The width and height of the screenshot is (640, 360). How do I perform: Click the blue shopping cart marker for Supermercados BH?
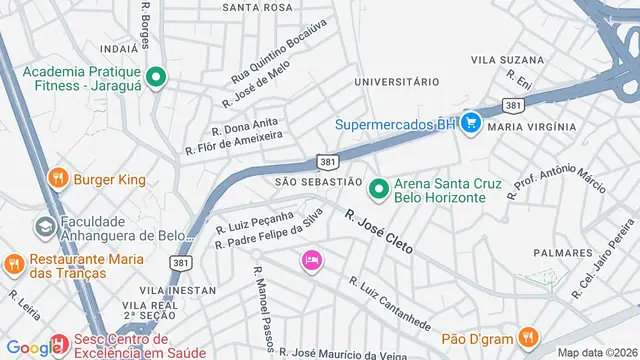[x=472, y=124]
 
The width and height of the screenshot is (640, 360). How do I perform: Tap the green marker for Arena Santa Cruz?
[x=379, y=188]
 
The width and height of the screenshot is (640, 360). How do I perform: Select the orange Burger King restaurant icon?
[x=59, y=179]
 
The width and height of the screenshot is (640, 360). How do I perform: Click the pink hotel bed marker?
[x=311, y=260]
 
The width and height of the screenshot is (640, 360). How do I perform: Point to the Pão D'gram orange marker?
[x=528, y=336]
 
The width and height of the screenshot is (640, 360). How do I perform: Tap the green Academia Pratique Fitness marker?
[x=156, y=77]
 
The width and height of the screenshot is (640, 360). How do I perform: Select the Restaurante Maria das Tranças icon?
[x=13, y=264]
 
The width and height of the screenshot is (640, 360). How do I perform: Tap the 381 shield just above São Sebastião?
[x=327, y=160]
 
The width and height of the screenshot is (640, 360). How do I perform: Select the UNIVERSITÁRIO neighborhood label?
[x=398, y=81]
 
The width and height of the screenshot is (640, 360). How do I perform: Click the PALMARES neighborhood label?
[x=564, y=252]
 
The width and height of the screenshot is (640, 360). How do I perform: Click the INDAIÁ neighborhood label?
[x=118, y=47]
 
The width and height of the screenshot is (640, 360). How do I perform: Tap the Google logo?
[x=32, y=348]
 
